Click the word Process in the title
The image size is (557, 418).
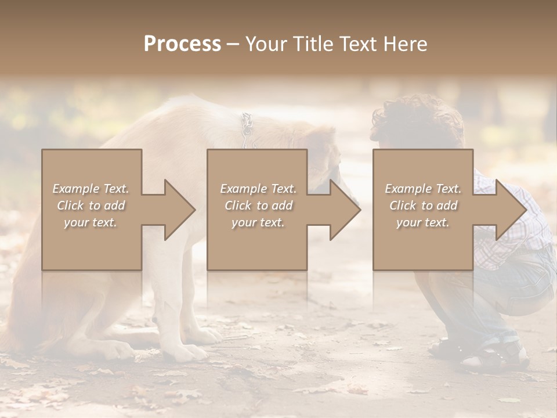click(x=182, y=44)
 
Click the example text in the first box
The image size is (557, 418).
click(x=91, y=206)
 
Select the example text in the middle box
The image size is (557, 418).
click(x=258, y=206)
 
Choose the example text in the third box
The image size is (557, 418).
click(x=422, y=206)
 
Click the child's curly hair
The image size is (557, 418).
click(x=418, y=119)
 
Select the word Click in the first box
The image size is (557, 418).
click(x=71, y=206)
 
